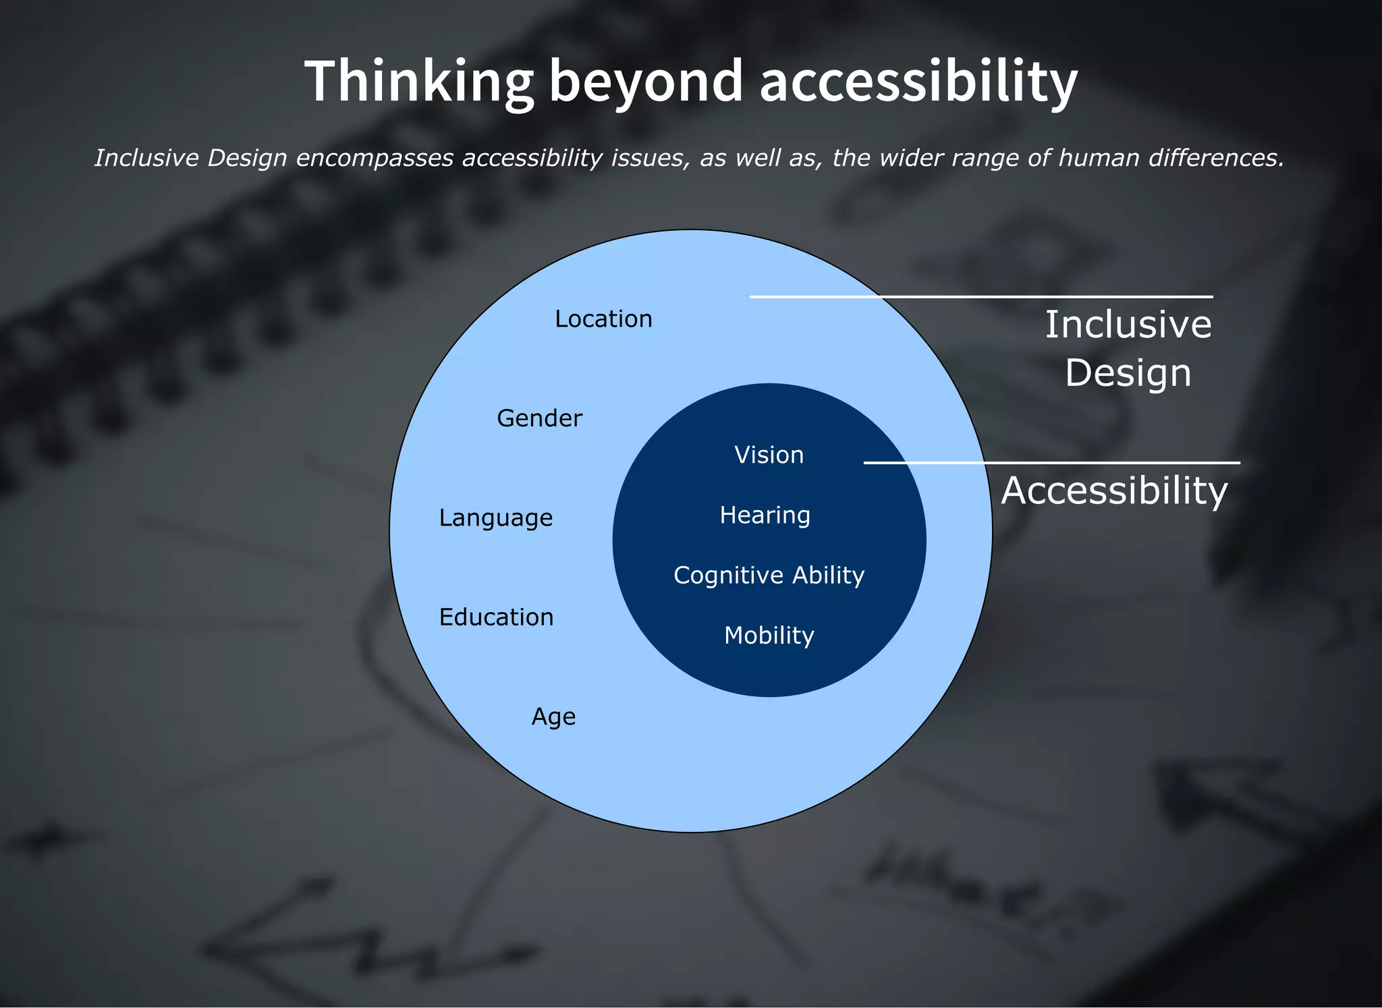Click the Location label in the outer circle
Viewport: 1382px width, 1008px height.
tap(603, 318)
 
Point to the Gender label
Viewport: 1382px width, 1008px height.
tap(539, 418)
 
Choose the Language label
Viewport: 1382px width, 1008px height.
tap(495, 517)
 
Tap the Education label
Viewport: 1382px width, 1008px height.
tap(496, 617)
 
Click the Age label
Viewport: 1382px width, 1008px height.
tap(553, 716)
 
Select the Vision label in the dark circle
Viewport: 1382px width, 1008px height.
tap(769, 455)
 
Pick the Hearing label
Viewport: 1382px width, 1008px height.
tap(765, 515)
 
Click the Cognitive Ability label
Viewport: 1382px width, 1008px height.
tap(769, 575)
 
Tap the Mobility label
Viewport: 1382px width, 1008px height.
tap(769, 635)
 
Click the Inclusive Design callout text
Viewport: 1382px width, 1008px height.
tap(1128, 348)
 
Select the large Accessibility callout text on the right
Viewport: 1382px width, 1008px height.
tap(1114, 491)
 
